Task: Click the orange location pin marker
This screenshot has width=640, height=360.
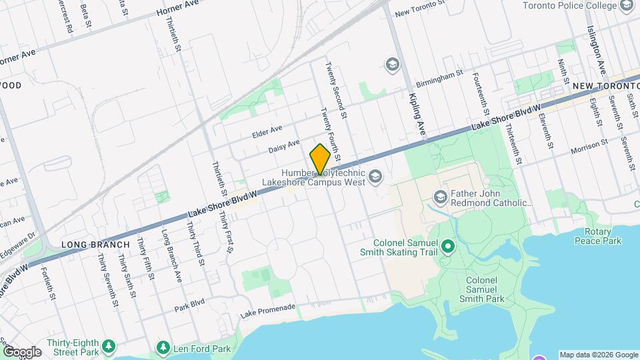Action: point(320,159)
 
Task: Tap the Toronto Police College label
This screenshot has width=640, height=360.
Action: point(569,7)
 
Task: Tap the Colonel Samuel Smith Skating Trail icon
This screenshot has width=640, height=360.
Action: point(448,247)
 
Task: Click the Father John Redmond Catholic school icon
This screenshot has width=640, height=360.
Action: point(440,197)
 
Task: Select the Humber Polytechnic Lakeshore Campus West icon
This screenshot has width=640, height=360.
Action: point(375,177)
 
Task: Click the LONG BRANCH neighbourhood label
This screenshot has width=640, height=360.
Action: point(95,245)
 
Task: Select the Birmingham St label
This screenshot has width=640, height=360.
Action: point(439,79)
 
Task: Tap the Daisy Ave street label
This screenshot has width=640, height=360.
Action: point(284,147)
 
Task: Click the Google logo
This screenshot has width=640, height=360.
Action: point(22,351)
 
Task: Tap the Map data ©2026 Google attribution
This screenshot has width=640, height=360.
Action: point(598,355)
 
